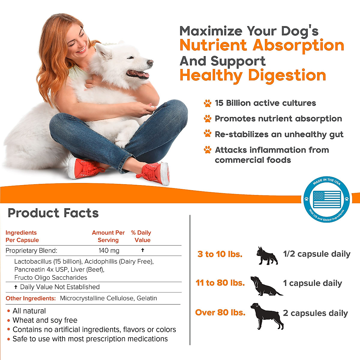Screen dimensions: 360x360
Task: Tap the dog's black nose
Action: pyautogui.click(x=150, y=62)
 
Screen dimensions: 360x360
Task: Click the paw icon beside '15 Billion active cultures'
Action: pyautogui.click(x=207, y=103)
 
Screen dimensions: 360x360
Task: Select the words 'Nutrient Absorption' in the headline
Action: pyautogui.click(x=262, y=45)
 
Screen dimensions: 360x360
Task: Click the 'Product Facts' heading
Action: pyautogui.click(x=53, y=213)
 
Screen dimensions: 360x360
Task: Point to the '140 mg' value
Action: pyautogui.click(x=109, y=250)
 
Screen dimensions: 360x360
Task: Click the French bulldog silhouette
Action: pyautogui.click(x=267, y=256)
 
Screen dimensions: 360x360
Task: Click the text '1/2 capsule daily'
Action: pyautogui.click(x=316, y=254)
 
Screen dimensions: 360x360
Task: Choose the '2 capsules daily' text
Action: pyautogui.click(x=315, y=313)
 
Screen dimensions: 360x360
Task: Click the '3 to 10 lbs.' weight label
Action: pyautogui.click(x=220, y=254)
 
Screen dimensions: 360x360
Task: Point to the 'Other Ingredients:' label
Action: pyautogui.click(x=31, y=298)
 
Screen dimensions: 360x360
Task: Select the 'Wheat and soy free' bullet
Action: pyautogui.click(x=45, y=320)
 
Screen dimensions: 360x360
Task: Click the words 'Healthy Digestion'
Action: pyautogui.click(x=253, y=75)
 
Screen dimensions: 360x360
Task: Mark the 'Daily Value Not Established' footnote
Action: pyautogui.click(x=59, y=287)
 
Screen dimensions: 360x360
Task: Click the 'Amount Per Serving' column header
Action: pyautogui.click(x=108, y=236)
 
